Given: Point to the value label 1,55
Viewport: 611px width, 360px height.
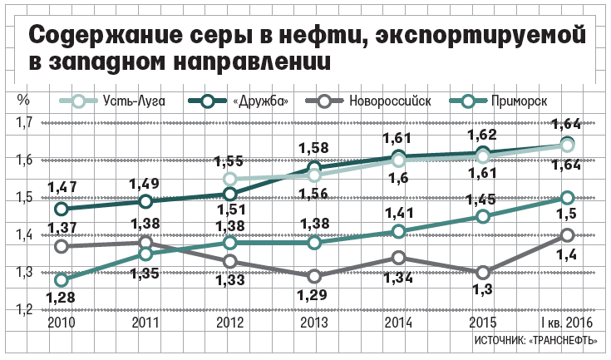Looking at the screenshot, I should click(x=230, y=161).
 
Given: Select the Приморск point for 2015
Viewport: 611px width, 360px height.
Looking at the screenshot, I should click(x=484, y=216).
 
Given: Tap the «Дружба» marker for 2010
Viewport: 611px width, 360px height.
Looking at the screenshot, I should click(x=62, y=209).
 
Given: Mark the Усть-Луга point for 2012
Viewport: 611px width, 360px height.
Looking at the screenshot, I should click(x=230, y=179).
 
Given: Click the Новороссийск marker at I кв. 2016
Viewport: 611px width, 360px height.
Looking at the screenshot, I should click(x=568, y=235).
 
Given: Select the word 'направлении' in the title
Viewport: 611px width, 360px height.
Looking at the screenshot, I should click(x=254, y=64).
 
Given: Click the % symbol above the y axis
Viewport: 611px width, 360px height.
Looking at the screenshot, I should click(x=23, y=99).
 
